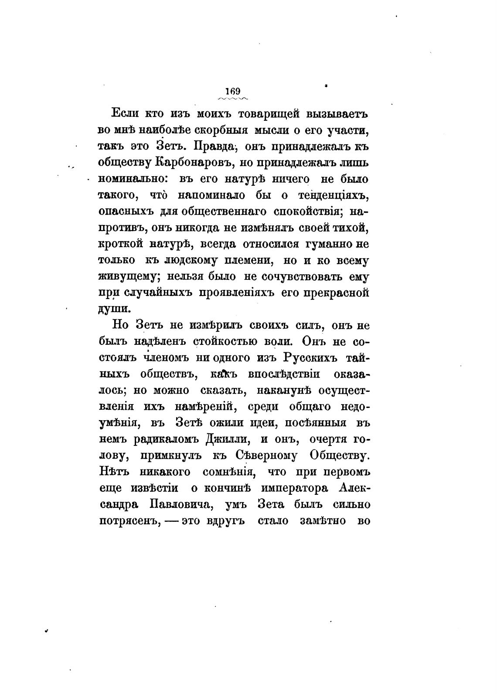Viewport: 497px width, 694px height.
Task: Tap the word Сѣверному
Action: pos(269,456)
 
